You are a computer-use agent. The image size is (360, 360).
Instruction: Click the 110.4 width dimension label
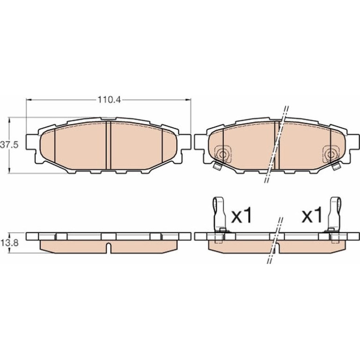[x=109, y=100]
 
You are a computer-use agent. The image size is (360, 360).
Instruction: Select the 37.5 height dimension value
[x=9, y=145]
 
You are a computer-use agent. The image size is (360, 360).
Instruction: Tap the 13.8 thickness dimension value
[x=9, y=243]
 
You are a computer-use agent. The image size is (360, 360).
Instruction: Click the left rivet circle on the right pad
[x=222, y=155]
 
